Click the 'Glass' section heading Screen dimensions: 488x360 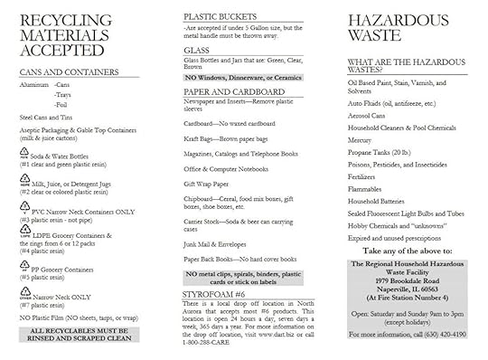[x=196, y=52]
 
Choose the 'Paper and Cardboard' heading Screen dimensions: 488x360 [x=228, y=91]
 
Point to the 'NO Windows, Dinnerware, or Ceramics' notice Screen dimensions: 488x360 [x=243, y=79]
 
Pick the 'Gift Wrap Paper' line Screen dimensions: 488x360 [x=211, y=182]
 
